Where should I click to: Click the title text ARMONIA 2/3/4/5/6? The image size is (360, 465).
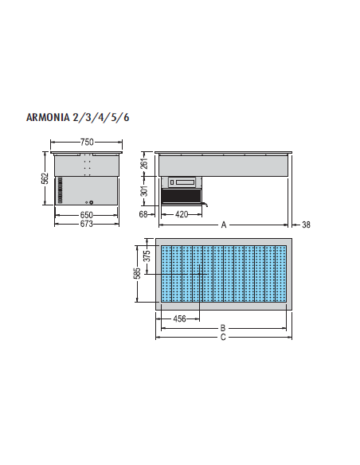78,117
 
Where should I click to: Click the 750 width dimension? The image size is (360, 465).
87,142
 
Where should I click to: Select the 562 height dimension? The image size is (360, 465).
45,179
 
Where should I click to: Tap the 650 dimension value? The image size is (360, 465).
87,215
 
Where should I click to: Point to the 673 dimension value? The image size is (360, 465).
87,225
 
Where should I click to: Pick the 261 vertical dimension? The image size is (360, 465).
145,164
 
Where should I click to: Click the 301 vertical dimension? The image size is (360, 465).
145,191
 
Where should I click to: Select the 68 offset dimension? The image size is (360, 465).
144,215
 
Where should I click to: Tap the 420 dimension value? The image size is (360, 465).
182,215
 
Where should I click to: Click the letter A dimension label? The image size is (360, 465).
224,225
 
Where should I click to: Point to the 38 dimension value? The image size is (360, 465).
306,225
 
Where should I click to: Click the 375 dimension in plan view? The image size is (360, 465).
147,256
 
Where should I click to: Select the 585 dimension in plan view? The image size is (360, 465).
137,273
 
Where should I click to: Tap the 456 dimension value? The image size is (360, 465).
180,319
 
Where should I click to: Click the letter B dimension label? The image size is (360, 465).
223,327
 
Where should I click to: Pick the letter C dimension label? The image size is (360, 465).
223,337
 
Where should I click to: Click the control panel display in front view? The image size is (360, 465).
182,182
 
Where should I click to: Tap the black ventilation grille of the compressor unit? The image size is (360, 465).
182,197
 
